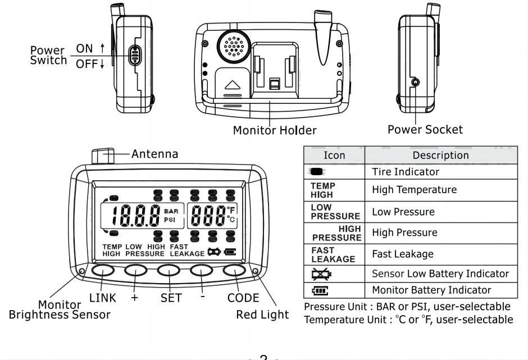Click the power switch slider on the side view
click(x=134, y=56)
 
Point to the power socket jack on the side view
click(x=415, y=83)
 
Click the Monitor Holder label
click(x=275, y=130)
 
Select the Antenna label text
click(x=154, y=153)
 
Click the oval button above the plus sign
click(x=135, y=271)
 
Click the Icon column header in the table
click(x=334, y=155)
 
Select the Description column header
click(x=440, y=155)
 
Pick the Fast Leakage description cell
click(x=403, y=254)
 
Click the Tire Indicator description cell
click(x=405, y=171)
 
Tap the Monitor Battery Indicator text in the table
click(x=431, y=290)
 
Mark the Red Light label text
click(x=262, y=314)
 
